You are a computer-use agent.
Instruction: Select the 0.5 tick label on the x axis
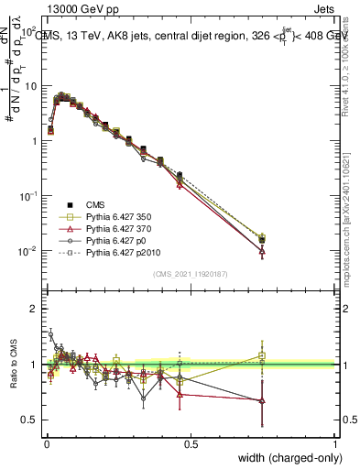[x=190, y=443]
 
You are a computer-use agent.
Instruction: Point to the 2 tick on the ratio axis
[x=35, y=309]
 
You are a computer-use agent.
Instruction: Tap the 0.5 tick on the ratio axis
[x=31, y=420]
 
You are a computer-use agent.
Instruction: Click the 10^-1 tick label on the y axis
[x=27, y=196]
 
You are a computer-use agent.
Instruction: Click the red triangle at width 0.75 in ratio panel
[x=262, y=400]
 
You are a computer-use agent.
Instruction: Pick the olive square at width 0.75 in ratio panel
[x=262, y=355]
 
